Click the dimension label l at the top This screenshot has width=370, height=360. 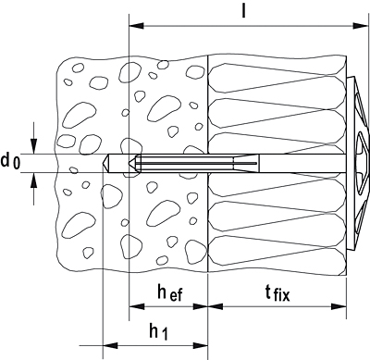243,11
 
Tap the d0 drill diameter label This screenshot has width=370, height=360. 10,162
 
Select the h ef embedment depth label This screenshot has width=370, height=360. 170,292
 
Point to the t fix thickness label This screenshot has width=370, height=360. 277,292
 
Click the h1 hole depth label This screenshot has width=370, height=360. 159,332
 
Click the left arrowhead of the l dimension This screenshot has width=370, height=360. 137,26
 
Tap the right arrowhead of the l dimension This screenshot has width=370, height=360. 361,26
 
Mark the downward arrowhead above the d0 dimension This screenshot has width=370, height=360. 34,146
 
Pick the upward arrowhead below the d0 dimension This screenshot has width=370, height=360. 34,180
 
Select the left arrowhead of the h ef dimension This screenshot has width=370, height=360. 137,306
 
